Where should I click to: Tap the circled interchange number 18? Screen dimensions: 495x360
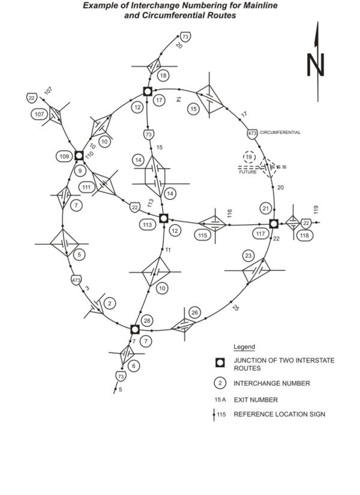[x=163, y=76]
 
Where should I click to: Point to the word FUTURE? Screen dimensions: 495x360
[x=247, y=172]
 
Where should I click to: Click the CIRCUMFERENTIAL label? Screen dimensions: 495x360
[x=280, y=132]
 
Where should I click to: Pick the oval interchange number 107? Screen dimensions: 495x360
[x=39, y=114]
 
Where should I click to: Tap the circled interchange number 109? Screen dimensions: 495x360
[x=65, y=157]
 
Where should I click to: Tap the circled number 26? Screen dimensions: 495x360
[x=194, y=313]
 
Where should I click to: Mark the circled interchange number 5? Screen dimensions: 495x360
[x=81, y=254]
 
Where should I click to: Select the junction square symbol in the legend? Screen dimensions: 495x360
[x=220, y=362]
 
